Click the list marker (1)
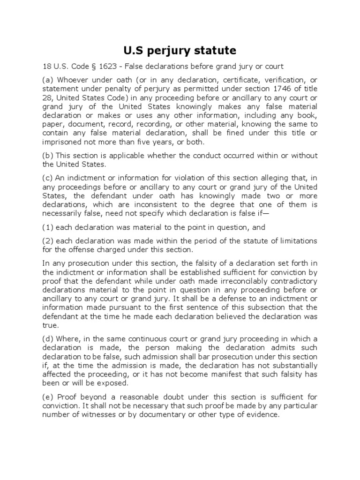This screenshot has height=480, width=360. point(48,227)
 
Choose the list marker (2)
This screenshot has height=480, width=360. point(48,241)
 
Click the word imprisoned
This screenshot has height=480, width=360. point(63,142)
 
